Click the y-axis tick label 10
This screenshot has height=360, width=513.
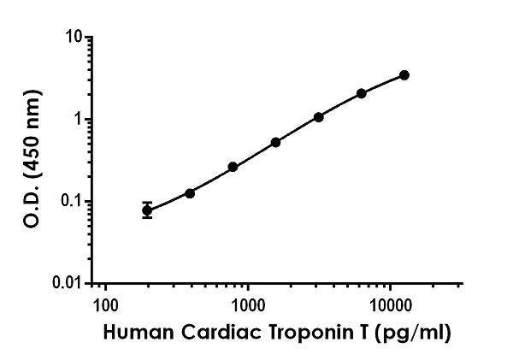[75, 38]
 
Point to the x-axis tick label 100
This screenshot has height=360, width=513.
[105, 304]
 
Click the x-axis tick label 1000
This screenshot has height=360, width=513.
[248, 304]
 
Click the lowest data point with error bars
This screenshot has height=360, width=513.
[147, 210]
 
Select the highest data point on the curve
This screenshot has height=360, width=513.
[404, 75]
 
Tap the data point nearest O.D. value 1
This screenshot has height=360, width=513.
[319, 116]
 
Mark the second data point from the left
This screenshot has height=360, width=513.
[190, 193]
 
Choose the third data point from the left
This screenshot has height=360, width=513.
[233, 167]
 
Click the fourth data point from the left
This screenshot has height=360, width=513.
[275, 142]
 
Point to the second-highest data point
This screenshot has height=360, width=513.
[362, 93]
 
